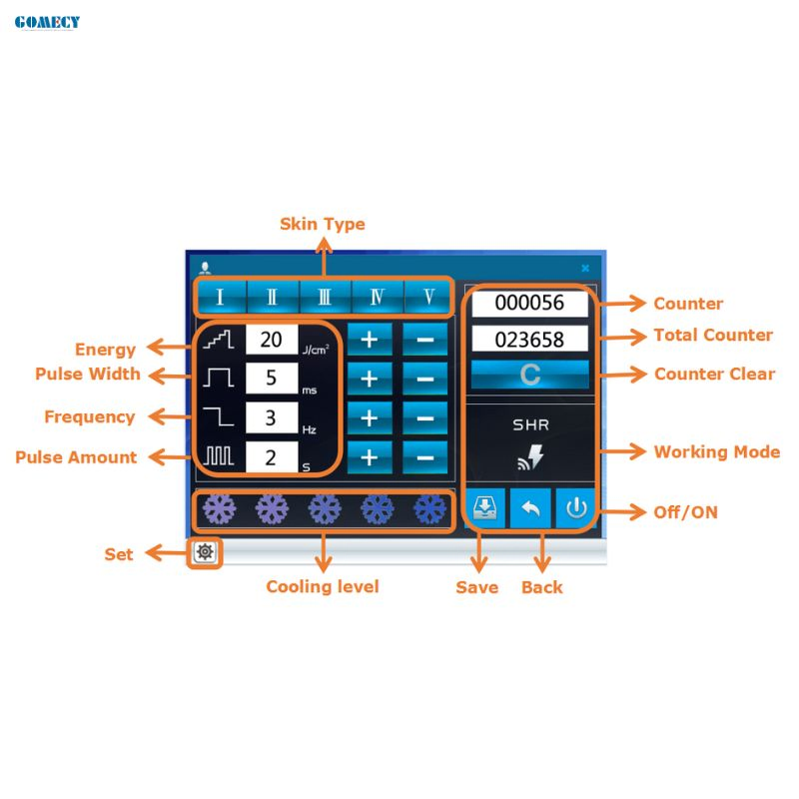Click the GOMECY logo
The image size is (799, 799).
pos(47,22)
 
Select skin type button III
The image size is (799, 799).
pos(326,297)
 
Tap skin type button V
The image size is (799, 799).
pos(428,297)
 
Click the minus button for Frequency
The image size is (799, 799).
pos(425,418)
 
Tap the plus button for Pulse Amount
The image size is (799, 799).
pos(370,457)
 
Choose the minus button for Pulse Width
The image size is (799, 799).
pos(425,379)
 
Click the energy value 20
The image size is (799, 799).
pos(271,340)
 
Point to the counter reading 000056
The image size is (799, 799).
pos(529,303)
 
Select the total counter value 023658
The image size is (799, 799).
pos(529,340)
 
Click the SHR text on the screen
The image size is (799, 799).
pos(530,425)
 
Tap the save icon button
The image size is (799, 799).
pos(484,508)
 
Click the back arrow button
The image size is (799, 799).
pos(530,508)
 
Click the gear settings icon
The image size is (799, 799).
pos(205,552)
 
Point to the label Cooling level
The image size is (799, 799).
pos(323,586)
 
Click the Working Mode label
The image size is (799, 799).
pos(717,452)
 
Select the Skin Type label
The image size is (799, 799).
pos(323,224)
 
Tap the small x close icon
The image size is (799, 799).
pos(585,268)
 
